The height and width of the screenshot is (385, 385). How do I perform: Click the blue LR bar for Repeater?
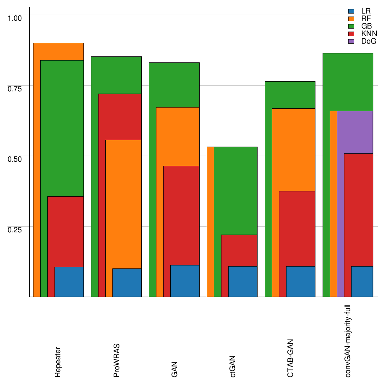69,282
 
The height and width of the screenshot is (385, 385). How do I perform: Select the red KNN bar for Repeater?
65,231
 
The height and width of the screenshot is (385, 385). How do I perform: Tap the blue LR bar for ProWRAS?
127,282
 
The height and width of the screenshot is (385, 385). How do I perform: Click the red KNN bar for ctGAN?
239,250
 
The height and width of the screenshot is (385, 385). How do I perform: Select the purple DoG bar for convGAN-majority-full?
355,132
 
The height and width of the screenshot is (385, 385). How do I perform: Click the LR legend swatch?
352,11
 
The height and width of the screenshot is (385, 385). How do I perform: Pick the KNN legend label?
369,33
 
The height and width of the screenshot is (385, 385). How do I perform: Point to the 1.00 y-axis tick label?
15,18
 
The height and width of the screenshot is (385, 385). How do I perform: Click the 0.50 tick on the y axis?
15,159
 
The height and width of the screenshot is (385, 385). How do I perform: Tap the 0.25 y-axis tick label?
15,229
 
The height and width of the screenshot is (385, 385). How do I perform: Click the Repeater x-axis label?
58,362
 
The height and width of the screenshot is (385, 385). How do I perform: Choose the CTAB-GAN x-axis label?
290,358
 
